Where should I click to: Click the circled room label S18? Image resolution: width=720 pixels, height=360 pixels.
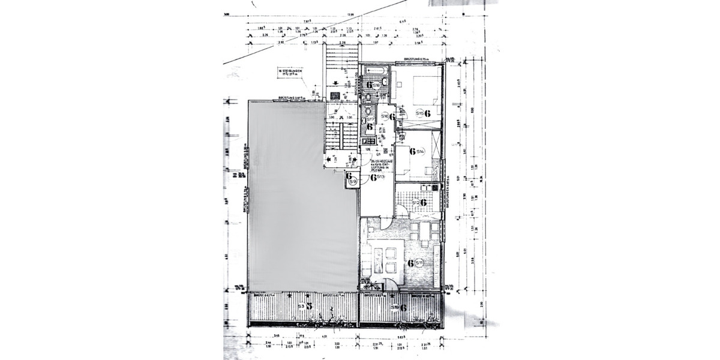[x=376, y=85]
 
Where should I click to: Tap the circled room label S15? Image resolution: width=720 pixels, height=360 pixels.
[x=421, y=113]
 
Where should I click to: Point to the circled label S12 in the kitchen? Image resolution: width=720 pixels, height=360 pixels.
[x=415, y=203]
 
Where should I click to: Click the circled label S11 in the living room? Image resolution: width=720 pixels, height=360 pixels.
[x=420, y=262]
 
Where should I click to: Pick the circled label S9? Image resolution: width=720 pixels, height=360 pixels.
[x=354, y=181]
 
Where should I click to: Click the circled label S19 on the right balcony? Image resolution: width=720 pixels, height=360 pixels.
[x=395, y=307]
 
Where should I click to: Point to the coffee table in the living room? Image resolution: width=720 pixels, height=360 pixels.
[x=379, y=259]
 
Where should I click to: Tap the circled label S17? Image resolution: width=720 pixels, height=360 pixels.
[x=372, y=120]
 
